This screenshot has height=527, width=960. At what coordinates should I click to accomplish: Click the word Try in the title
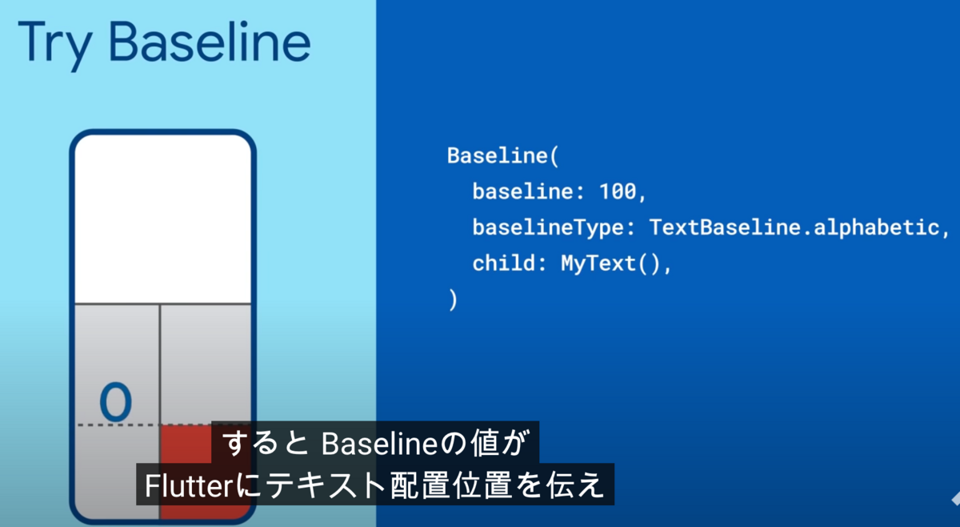click(x=55, y=45)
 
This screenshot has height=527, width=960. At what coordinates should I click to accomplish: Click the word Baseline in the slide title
click(x=210, y=42)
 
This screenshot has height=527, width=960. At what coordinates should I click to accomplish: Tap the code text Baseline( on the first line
click(x=503, y=156)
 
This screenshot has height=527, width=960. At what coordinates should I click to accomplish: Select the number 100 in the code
click(x=618, y=191)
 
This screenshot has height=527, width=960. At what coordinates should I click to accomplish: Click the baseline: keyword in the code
click(x=528, y=191)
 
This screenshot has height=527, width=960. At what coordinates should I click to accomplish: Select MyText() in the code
click(x=611, y=263)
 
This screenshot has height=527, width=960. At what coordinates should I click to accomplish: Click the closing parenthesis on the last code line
click(x=453, y=300)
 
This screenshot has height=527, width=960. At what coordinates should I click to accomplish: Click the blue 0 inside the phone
click(x=116, y=402)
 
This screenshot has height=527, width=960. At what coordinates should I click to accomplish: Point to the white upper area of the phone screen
click(x=163, y=219)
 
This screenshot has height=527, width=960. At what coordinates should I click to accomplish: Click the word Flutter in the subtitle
click(x=189, y=486)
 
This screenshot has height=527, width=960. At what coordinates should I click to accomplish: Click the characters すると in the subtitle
click(x=266, y=444)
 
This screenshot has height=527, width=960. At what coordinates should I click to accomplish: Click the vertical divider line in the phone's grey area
click(x=160, y=364)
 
